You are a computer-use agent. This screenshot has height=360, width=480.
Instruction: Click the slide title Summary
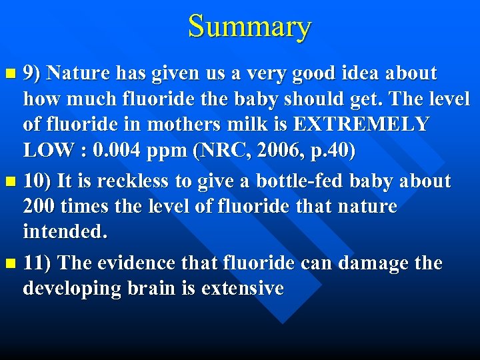[x=249, y=27]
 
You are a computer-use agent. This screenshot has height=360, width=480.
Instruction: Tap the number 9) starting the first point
[x=33, y=73]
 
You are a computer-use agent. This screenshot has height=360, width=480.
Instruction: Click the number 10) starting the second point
[x=37, y=181]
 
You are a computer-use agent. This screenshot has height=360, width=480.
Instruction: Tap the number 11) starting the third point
[x=37, y=263]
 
